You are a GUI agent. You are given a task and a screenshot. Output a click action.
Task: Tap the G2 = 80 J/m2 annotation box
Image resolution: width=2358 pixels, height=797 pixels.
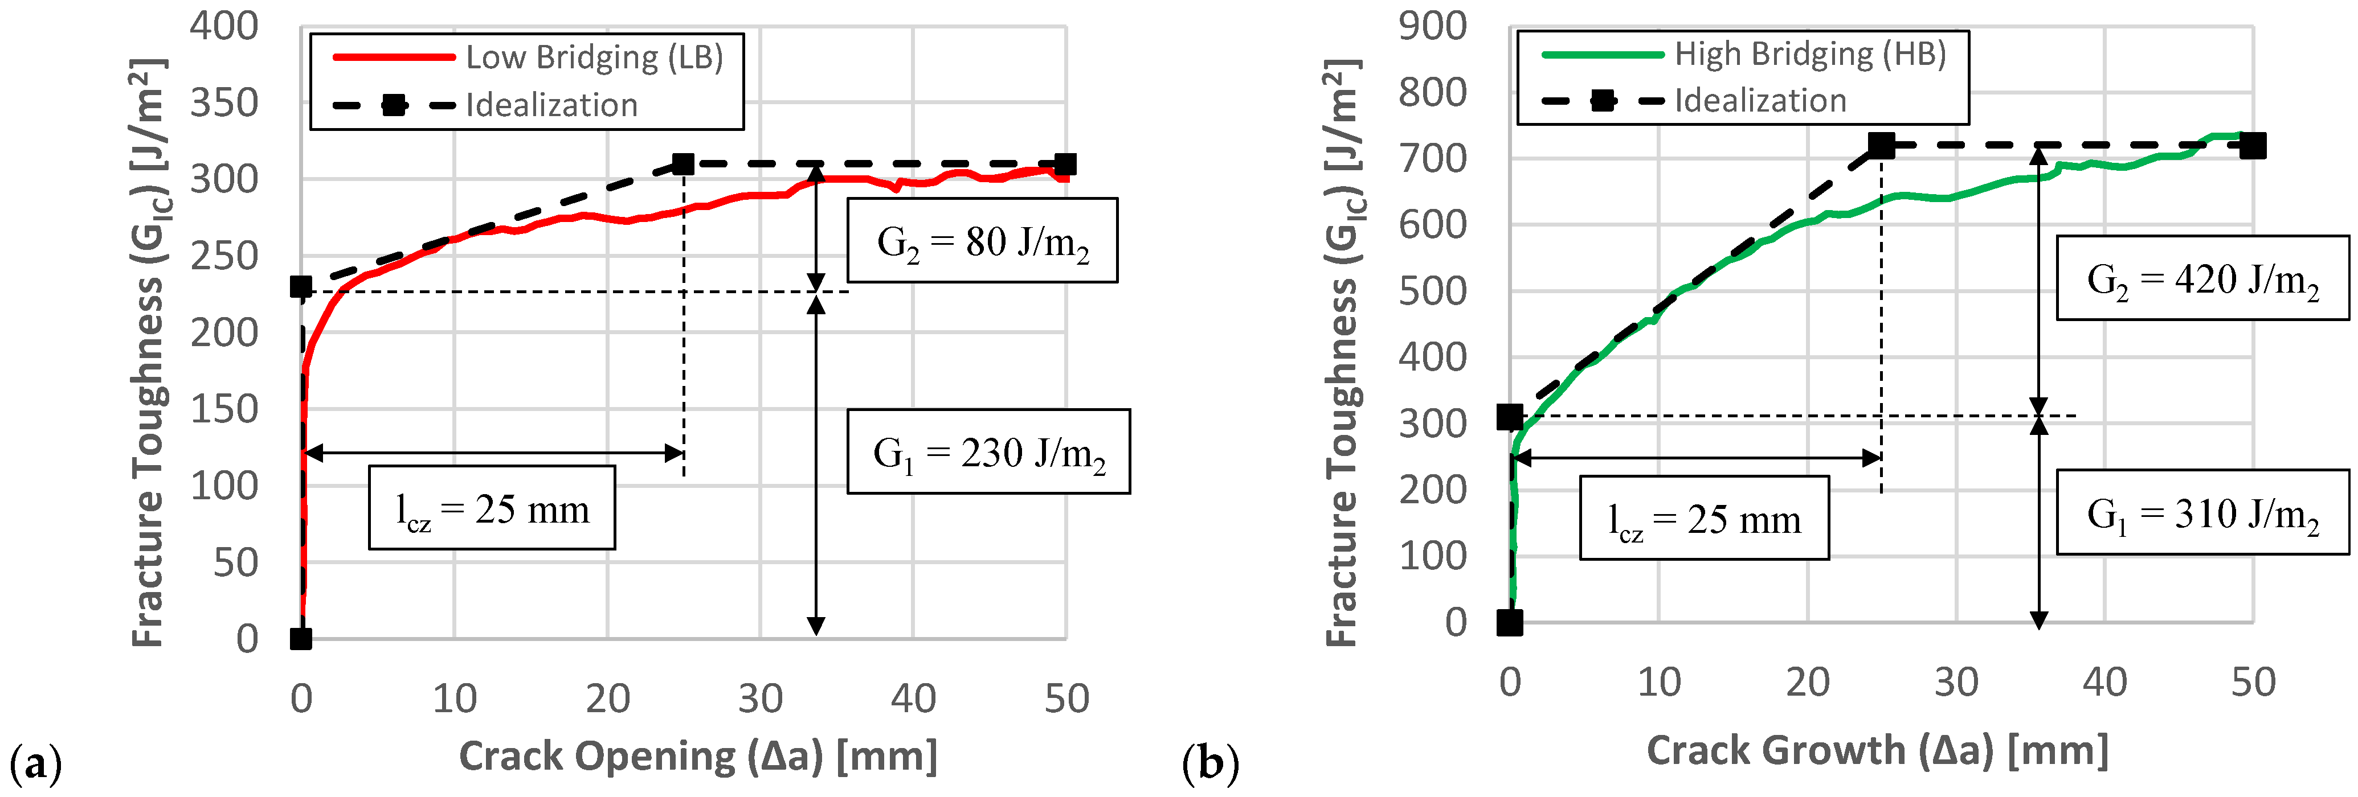(x=982, y=241)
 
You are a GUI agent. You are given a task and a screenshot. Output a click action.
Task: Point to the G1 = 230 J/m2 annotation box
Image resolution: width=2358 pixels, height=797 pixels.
(x=988, y=452)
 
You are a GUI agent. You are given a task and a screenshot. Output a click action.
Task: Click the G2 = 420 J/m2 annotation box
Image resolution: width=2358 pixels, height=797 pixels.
(x=2202, y=278)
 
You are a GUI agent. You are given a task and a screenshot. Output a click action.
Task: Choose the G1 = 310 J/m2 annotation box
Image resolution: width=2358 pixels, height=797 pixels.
(x=2202, y=512)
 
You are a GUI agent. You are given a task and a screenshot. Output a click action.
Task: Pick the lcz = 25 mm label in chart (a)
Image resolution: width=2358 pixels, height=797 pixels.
(x=492, y=509)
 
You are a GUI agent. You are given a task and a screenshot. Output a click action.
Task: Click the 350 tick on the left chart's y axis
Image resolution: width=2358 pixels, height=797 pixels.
(x=224, y=104)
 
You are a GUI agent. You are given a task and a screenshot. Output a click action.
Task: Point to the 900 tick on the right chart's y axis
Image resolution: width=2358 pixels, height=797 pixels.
(x=1433, y=27)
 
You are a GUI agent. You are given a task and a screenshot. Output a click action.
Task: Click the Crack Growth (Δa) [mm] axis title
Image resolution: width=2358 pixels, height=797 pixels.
(x=1877, y=750)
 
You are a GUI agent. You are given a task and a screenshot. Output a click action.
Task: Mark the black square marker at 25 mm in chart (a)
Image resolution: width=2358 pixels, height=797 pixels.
(x=683, y=165)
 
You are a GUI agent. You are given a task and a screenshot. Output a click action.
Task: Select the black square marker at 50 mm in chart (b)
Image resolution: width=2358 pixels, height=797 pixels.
(x=2253, y=146)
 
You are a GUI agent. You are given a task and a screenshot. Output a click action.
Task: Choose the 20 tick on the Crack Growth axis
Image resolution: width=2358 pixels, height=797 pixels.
(x=1807, y=683)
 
